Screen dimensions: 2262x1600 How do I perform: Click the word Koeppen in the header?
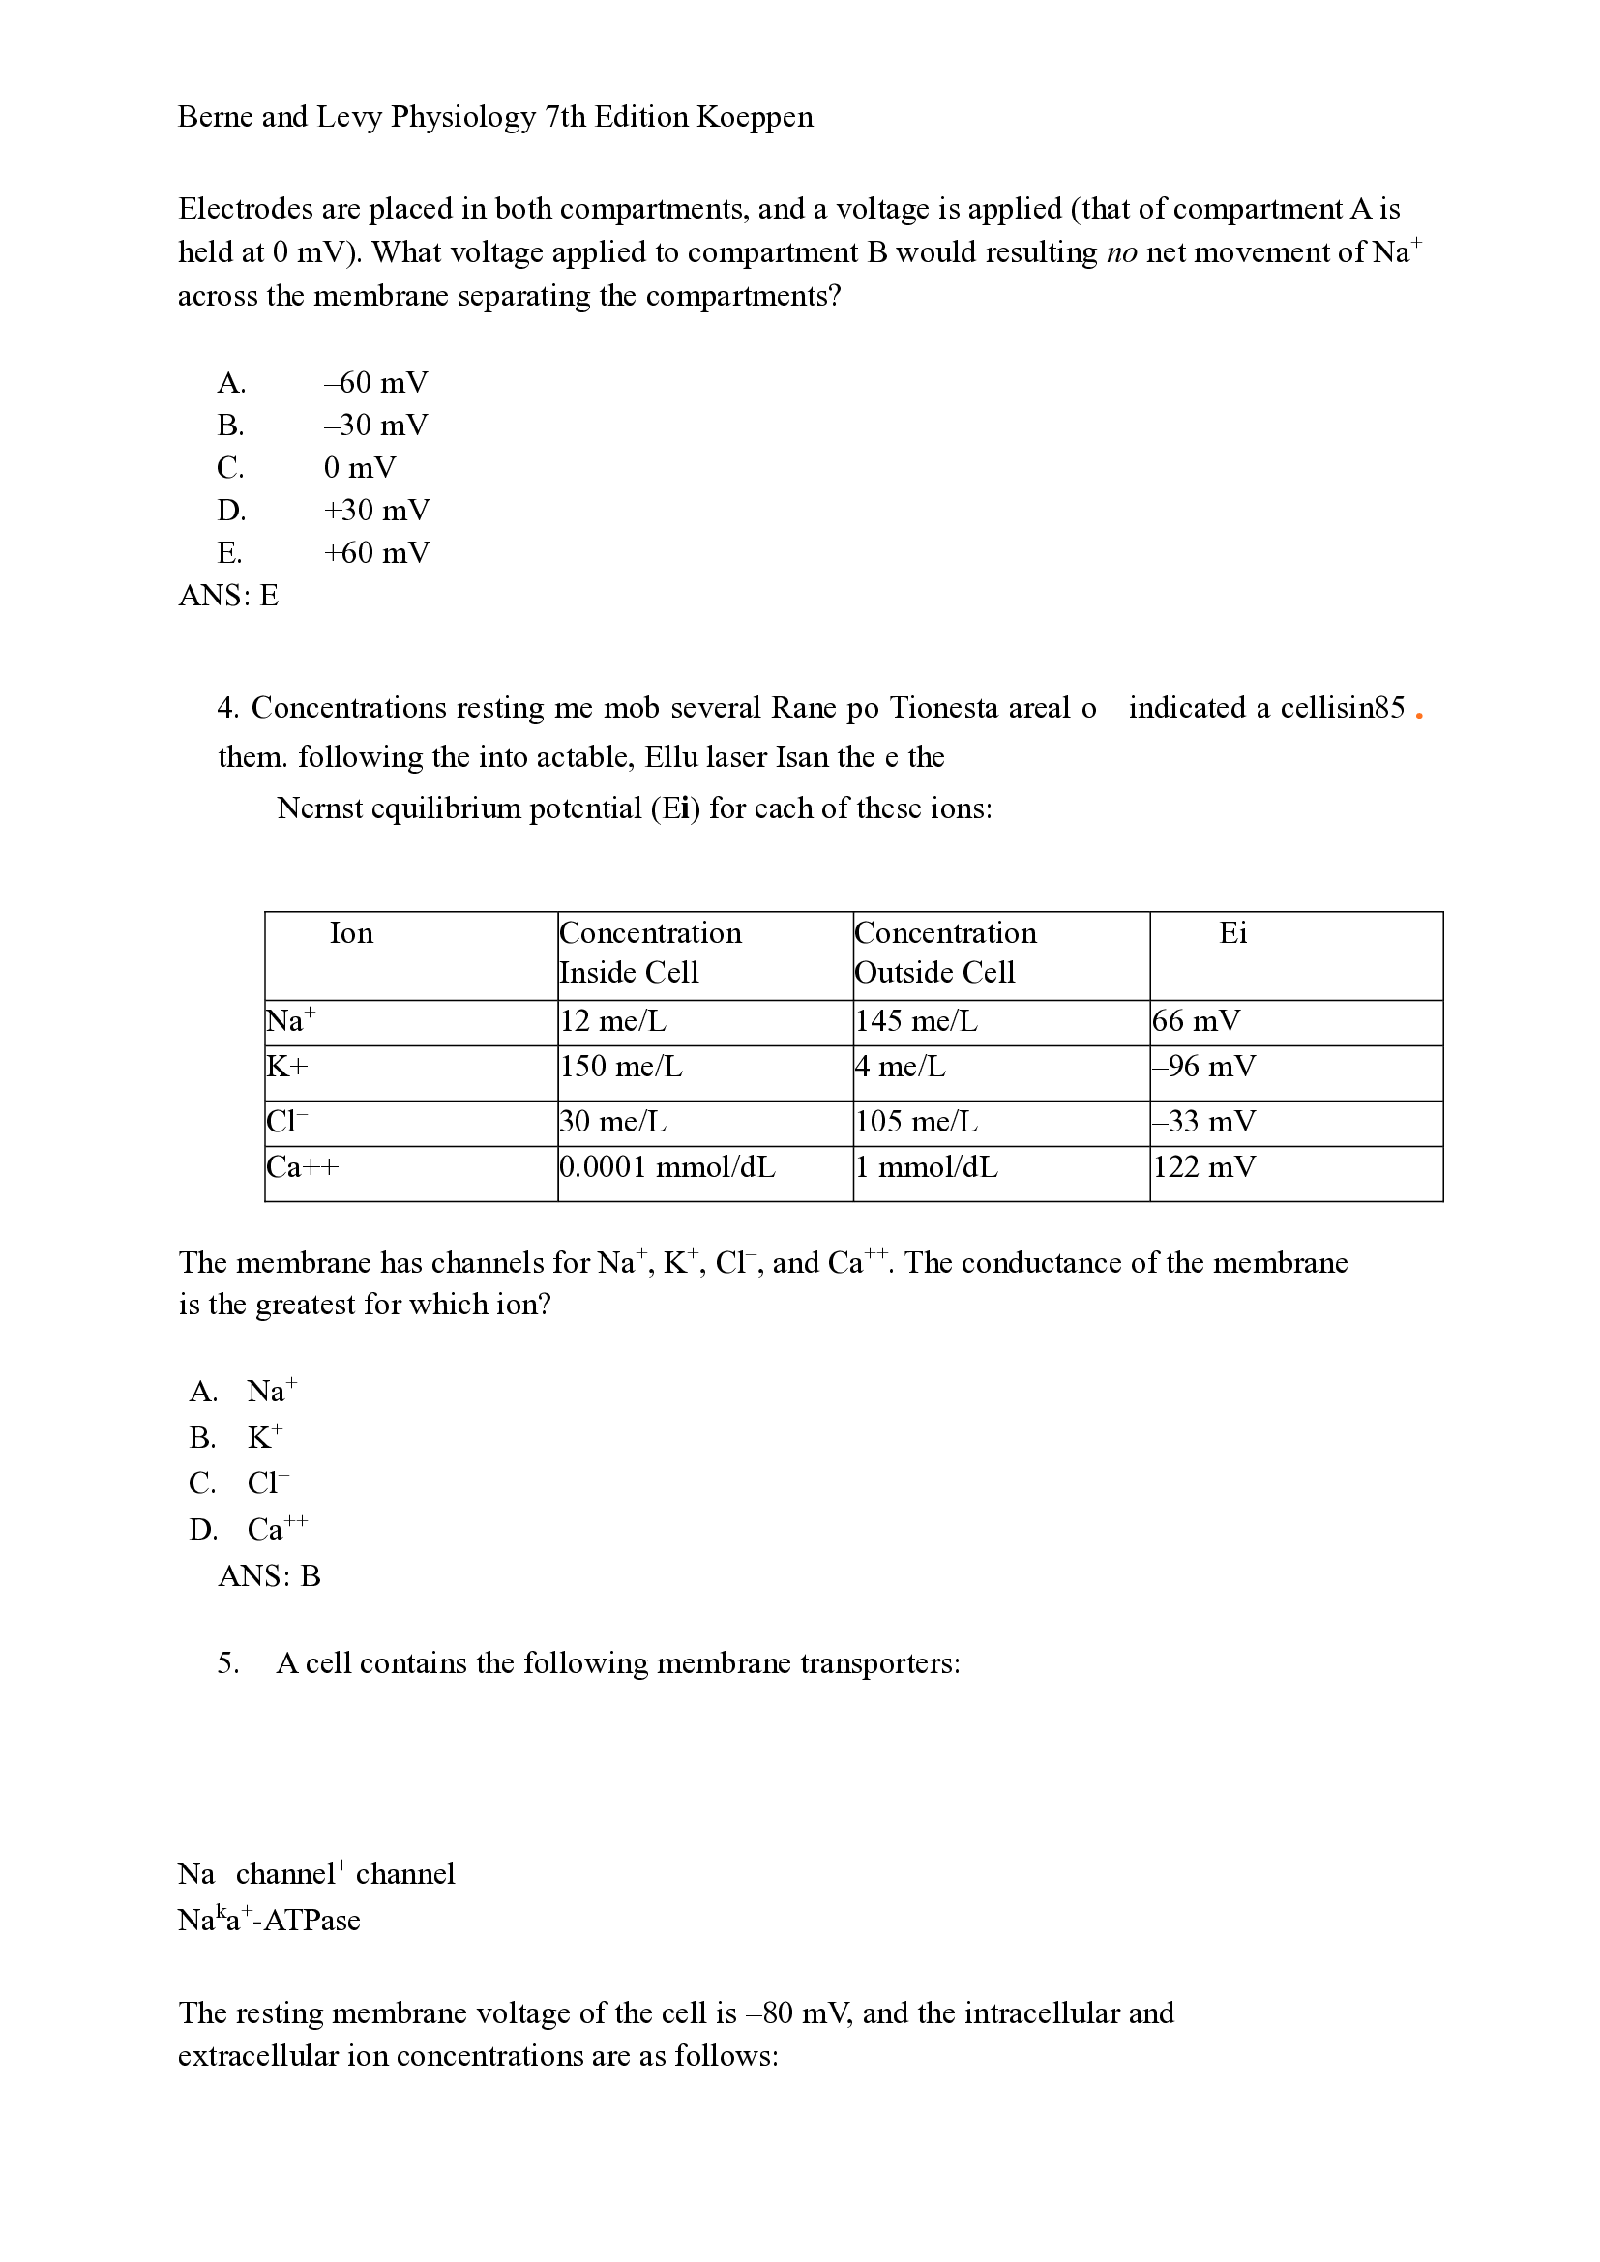pos(755,117)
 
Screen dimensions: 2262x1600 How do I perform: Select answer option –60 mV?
pos(375,382)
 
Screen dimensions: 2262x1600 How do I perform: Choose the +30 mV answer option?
pos(376,511)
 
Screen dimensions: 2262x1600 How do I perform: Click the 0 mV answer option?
pos(359,467)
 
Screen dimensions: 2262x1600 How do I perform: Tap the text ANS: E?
pos(228,595)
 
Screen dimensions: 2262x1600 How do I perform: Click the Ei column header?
pos(1232,933)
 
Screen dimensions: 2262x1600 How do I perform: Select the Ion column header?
pos(352,933)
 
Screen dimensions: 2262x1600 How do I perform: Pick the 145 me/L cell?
pos(916,1021)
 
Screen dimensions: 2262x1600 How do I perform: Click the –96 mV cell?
pos(1204,1067)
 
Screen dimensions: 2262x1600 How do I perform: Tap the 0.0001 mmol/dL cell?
pos(668,1167)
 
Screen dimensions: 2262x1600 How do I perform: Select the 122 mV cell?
pos(1204,1167)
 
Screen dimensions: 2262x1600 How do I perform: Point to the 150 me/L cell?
pos(621,1067)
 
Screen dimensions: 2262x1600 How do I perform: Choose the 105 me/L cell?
pos(916,1122)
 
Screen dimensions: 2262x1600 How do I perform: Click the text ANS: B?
pos(269,1576)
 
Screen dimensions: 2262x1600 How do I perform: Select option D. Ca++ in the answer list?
pos(250,1529)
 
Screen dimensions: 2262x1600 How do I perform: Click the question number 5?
pos(227,1663)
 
